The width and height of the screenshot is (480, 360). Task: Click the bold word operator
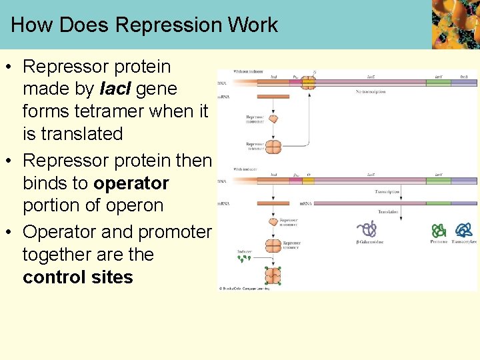131,183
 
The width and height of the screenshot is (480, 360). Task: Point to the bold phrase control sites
78,277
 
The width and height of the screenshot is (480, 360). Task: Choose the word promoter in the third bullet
175,232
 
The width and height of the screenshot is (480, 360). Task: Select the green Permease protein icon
439,231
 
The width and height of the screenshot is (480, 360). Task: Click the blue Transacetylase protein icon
464,230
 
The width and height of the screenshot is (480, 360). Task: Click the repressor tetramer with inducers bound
273,275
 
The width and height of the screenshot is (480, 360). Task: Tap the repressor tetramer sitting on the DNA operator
308,83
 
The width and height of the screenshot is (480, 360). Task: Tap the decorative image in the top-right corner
455,24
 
